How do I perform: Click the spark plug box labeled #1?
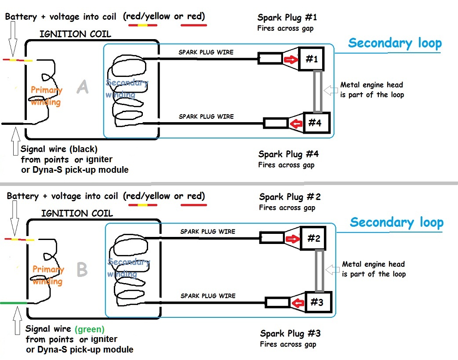click(311, 59)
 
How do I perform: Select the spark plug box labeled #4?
click(314, 123)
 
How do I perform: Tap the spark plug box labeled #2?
click(314, 238)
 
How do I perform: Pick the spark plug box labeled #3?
click(317, 302)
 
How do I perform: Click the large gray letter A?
click(82, 87)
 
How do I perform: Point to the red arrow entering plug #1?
click(290, 59)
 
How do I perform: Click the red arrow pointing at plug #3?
click(299, 302)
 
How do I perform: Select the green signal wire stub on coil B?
click(14, 303)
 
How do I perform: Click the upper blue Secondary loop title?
click(395, 43)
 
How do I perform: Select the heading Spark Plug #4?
click(288, 154)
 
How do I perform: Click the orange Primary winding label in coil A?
click(46, 96)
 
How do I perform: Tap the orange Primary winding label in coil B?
click(48, 276)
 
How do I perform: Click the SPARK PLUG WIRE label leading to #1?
click(206, 52)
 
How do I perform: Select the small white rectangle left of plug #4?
click(276, 123)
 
